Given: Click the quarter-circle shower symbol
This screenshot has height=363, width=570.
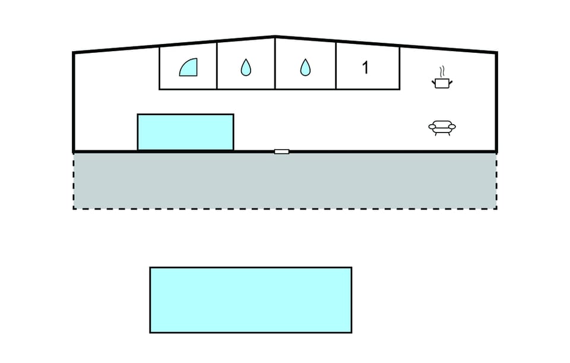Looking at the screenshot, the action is (189, 67).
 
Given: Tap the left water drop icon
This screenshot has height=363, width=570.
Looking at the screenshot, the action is (246, 67).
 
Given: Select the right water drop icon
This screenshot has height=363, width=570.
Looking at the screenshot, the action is (305, 67).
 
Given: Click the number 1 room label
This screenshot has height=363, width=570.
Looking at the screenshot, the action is (365, 68).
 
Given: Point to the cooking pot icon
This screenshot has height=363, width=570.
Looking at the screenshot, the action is (442, 83).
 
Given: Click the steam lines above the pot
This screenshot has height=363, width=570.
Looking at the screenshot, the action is (442, 71).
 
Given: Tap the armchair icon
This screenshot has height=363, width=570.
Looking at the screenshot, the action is (442, 128).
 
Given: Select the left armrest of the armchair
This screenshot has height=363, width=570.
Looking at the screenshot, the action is (432, 127).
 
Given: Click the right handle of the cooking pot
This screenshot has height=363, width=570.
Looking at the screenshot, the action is (451, 83).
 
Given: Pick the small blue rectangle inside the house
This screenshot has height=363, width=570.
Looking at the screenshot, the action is (185, 132).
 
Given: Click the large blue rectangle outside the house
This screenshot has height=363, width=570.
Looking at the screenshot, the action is (251, 300).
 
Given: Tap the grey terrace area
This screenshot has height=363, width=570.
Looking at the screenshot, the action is (285, 181).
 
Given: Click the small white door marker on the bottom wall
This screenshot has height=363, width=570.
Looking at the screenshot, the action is (281, 151).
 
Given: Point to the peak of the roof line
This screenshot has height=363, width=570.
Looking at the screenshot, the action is (275, 36).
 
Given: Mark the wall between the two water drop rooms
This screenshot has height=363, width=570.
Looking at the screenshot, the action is (275, 64).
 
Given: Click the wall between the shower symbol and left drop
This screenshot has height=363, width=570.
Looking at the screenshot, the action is (217, 66).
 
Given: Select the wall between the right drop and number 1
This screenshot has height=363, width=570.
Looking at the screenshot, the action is (336, 66).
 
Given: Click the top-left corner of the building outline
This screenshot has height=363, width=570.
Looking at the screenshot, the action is (74, 53).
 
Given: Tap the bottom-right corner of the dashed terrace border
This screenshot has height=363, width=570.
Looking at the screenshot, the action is (496, 209).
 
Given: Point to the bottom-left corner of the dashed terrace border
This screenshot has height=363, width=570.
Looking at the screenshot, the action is (74, 209).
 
